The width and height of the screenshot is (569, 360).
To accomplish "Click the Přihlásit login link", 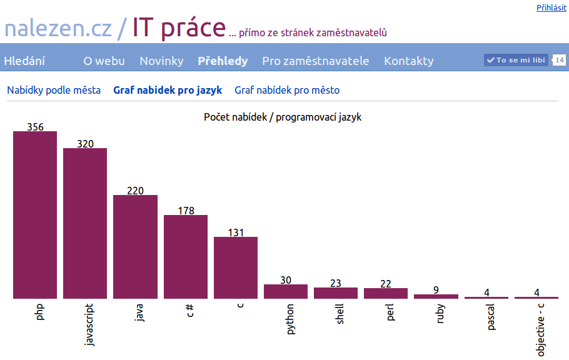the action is pos(551,7).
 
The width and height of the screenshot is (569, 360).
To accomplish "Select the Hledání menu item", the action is pos(24,61).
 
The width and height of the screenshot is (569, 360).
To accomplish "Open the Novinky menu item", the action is pos(161,61).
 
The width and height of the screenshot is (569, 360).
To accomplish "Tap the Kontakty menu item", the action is pos(408,61).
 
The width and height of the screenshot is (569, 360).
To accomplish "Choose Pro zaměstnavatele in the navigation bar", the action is pos(315,61).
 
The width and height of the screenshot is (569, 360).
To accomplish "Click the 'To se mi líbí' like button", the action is pos(516,60).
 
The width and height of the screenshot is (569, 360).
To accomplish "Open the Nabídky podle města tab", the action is pos(54,90).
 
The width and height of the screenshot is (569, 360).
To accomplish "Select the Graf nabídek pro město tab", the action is pos(287,90).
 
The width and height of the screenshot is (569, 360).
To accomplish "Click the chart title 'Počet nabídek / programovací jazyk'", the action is pos(283,117).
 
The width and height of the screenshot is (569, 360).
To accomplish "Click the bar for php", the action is pos(35,215).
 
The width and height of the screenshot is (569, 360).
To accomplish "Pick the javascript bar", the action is pos(85,223).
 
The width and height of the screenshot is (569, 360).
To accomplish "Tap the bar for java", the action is pos(135,247).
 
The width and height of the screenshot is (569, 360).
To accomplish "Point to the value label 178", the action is pos(186,211).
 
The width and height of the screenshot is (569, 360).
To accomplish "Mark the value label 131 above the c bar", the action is pos(236,232).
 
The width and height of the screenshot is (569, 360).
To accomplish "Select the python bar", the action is pos(286,291).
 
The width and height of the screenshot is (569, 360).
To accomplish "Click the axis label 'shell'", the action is pos(340,314).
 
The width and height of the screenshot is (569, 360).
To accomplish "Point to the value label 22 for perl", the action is pos(385,283).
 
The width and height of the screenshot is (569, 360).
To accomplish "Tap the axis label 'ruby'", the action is pos(440,314).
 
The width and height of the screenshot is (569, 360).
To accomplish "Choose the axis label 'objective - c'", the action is pos(540,330).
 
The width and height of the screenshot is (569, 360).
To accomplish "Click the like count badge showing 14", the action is pos(559,60).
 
